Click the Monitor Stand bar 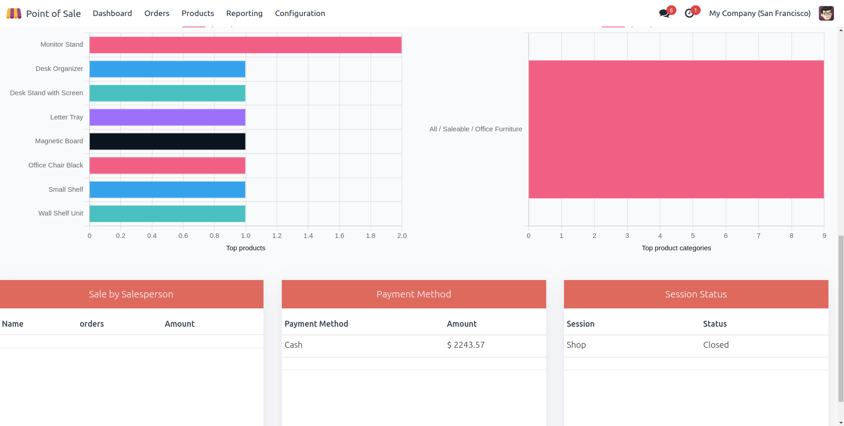(245, 45)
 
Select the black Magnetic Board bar (167, 141)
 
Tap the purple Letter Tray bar (167, 117)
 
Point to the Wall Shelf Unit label (61, 213)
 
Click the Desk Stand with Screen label (47, 93)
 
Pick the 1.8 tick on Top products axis (371, 236)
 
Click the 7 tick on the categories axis (758, 236)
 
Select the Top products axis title (246, 248)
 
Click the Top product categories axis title (676, 248)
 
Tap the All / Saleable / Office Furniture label (476, 129)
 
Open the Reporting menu (244, 13)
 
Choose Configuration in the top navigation (300, 13)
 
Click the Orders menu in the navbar (157, 13)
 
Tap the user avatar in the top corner (826, 13)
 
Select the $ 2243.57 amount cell (466, 345)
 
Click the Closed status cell (716, 345)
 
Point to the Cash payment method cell (294, 345)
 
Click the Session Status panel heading (696, 294)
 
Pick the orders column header (92, 324)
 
